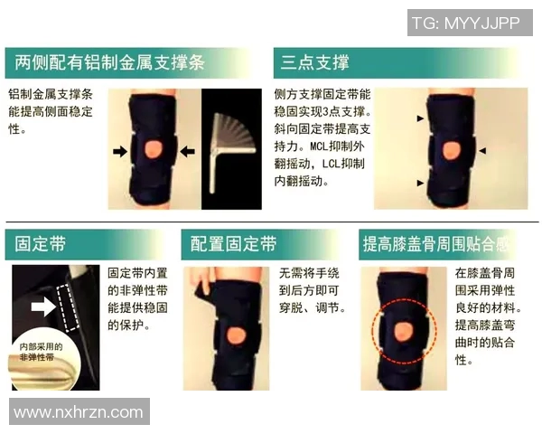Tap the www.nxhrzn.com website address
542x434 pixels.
[79, 412]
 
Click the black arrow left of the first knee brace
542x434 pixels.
[120, 152]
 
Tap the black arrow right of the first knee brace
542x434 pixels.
[188, 152]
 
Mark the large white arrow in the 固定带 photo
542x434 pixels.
[42, 307]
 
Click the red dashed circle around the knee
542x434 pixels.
[406, 331]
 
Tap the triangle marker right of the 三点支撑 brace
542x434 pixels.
[482, 150]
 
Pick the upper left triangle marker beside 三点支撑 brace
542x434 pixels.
[418, 119]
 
